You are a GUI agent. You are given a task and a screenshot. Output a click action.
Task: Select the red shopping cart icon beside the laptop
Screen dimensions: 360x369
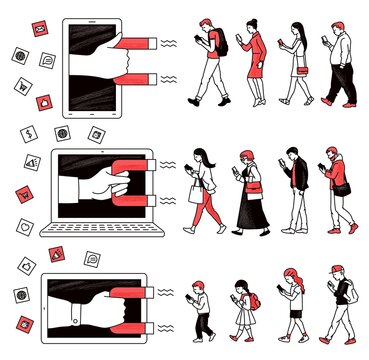click(x=24, y=192)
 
